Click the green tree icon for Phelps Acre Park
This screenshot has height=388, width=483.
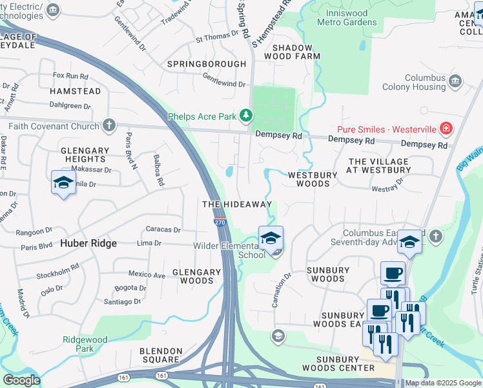point(245,116)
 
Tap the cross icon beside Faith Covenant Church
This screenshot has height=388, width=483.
point(110,125)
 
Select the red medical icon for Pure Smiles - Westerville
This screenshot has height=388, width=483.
point(446,129)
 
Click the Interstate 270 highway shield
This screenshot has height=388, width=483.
point(220,222)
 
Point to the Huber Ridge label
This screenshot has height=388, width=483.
point(88,244)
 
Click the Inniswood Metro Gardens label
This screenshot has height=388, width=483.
point(347,17)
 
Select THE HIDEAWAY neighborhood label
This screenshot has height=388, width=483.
point(237,204)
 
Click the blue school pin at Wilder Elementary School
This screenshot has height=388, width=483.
point(271,238)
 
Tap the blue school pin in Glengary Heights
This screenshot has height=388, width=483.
point(63,182)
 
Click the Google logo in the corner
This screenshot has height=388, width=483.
point(21,380)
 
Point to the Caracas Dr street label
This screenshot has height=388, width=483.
point(163,230)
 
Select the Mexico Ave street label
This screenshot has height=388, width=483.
point(147,275)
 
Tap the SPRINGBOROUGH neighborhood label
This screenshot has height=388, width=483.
point(207,65)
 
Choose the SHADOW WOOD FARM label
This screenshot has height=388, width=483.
point(296,52)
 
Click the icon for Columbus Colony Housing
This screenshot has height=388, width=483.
point(456,81)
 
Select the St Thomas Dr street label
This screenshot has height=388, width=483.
point(212,39)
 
